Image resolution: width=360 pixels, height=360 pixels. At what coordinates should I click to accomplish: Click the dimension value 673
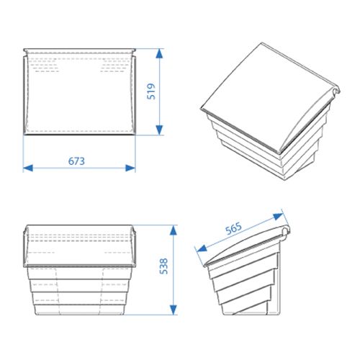coord(76,161)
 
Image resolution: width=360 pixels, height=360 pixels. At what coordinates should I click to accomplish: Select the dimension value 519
coord(151,91)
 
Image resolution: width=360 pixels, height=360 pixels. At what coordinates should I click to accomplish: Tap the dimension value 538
coord(163,266)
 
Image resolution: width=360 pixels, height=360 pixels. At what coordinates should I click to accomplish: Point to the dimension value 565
coord(233,229)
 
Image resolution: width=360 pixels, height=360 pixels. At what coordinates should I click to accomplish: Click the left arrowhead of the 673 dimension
coord(28,168)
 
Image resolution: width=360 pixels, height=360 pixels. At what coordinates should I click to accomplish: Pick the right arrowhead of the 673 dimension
coord(130,168)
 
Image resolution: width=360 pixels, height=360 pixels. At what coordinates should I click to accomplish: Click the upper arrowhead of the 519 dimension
coord(159,53)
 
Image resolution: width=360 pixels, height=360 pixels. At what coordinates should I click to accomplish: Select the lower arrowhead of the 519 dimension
coord(159,130)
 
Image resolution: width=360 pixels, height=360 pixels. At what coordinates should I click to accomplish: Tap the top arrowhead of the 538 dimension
coord(174,230)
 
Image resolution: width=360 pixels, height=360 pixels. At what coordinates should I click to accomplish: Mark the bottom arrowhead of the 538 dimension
coord(174,310)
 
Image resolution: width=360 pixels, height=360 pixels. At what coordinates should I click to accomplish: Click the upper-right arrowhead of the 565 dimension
coord(279,217)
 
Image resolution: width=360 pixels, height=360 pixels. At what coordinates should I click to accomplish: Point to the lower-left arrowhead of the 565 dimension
coord(202,248)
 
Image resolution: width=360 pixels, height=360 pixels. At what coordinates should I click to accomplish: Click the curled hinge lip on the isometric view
coord(336,91)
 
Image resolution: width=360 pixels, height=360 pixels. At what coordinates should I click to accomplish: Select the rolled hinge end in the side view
coord(285,233)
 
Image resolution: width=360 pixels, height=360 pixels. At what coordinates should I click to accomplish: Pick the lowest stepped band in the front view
coord(80,310)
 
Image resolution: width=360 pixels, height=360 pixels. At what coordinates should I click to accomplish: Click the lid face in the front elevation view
coord(80,245)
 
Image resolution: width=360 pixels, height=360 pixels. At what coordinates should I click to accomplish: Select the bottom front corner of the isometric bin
coord(284,179)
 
